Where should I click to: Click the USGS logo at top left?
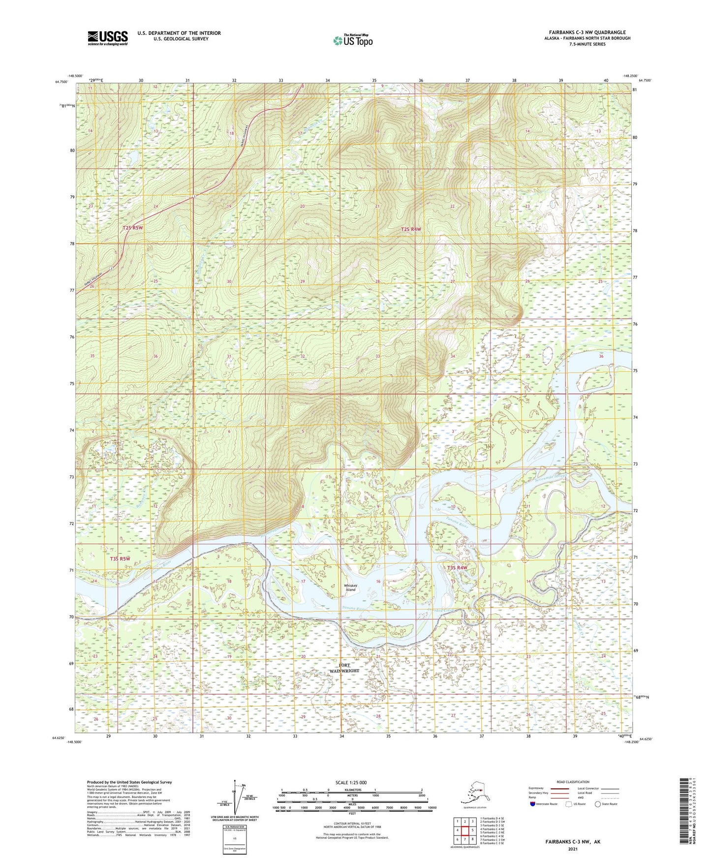click(108, 38)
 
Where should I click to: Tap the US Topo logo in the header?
click(352, 40)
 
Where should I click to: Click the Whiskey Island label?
click(350, 587)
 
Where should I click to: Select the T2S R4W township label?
click(411, 229)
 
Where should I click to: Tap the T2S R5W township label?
click(132, 228)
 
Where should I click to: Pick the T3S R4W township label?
click(457, 568)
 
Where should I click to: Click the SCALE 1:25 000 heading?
click(351, 782)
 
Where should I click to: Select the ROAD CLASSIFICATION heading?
click(573, 782)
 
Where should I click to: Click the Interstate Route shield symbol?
click(533, 804)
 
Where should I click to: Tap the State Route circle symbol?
click(598, 804)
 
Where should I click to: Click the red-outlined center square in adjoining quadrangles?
click(464, 830)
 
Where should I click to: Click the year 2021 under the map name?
click(572, 849)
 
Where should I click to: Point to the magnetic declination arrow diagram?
click(238, 799)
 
